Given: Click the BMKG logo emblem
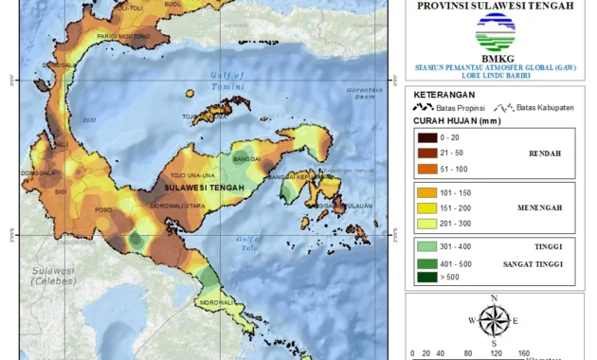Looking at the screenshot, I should pos(495,39).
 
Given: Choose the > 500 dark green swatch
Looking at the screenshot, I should pos(425,278).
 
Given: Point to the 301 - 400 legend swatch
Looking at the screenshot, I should pos(425,248).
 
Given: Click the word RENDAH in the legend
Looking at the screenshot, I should pos(544,153).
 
